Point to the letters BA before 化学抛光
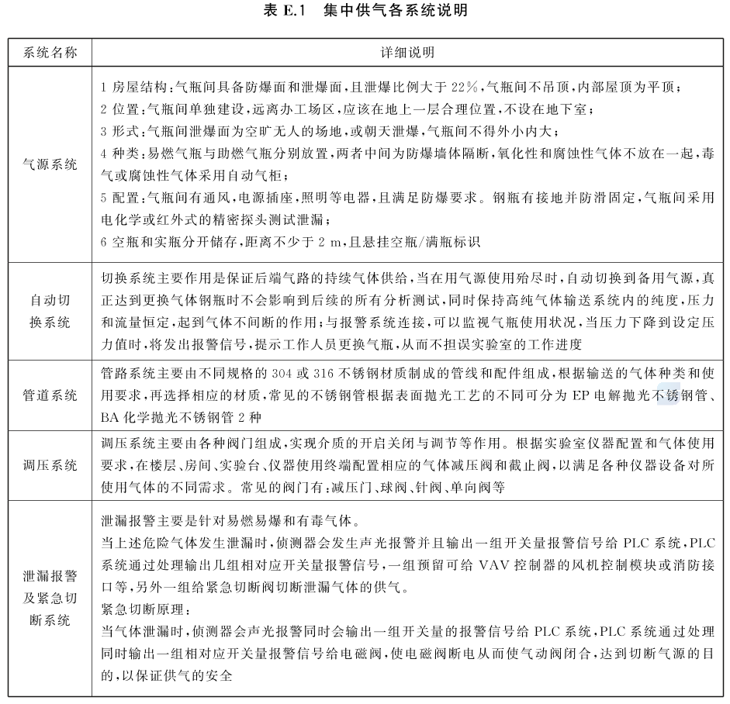(109, 417)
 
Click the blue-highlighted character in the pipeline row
(668, 395)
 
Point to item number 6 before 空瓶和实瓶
(104, 242)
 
